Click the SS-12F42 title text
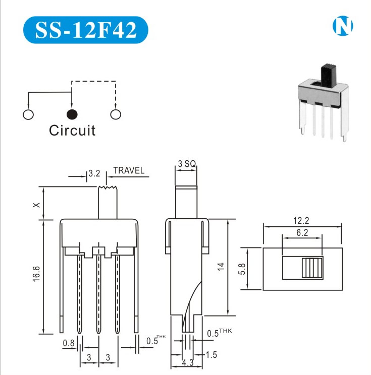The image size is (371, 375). point(86,30)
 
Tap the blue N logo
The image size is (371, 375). point(343,26)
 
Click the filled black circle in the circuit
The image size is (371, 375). point(72,114)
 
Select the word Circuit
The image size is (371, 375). point(72,131)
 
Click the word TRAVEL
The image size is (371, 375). point(129,170)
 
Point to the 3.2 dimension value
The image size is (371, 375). point(94,173)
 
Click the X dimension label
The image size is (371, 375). point(35,205)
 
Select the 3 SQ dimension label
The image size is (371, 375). point(186,164)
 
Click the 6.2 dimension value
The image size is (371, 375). point(302,232)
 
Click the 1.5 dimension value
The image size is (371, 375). point(212,355)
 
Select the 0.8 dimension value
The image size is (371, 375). point(69,344)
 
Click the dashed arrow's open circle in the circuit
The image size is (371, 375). point(116,114)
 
